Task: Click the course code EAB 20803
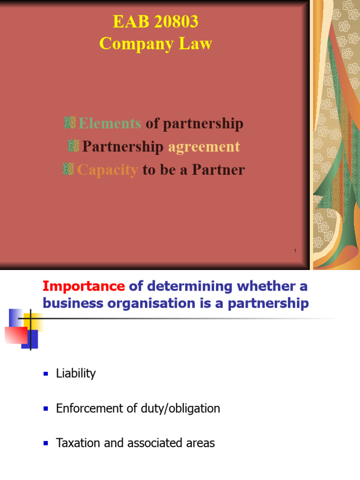[x=156, y=22]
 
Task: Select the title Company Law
[x=156, y=44]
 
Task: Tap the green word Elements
[x=110, y=124]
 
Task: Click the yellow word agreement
[x=204, y=147]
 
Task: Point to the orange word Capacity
[x=107, y=170]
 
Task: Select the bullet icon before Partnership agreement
[x=74, y=146]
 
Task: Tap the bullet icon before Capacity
[x=68, y=169]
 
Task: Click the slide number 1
[x=295, y=252]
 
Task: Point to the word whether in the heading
[x=264, y=286]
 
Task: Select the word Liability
[x=75, y=374]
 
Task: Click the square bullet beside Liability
[x=46, y=374]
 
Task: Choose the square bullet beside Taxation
[x=46, y=443]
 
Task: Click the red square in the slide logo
[x=16, y=335]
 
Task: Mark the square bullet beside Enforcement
[x=46, y=409]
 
